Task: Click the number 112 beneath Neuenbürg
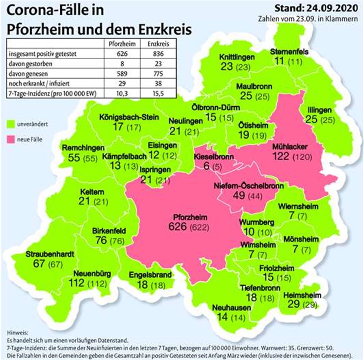(x=78, y=283)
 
